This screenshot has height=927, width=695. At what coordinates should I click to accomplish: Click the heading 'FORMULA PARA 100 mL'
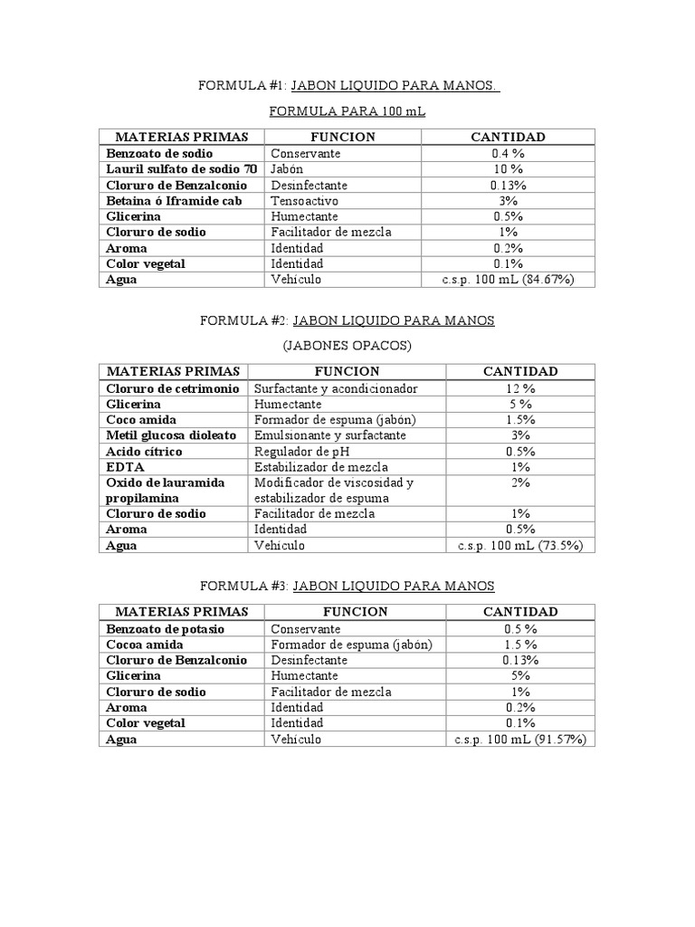point(347,111)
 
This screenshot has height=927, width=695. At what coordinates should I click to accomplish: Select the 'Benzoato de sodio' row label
point(159,154)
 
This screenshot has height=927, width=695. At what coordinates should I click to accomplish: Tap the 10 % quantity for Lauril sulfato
point(508,169)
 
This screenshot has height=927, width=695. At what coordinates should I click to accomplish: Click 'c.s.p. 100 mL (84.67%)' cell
point(508,280)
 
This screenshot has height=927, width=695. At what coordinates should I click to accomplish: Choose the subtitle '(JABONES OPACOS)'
point(347,346)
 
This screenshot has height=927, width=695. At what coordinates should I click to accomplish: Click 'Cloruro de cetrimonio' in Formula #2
point(172,388)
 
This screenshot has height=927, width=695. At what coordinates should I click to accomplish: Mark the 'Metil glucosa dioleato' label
point(171,435)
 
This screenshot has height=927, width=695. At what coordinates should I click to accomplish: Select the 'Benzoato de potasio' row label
point(165,628)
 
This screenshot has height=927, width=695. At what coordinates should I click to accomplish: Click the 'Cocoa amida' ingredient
point(145,645)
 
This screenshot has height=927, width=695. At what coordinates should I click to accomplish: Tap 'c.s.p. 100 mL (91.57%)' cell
point(520,739)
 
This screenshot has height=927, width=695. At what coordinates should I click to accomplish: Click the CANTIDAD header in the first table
point(508,137)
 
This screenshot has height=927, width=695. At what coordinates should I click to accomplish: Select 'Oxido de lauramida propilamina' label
point(165,490)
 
